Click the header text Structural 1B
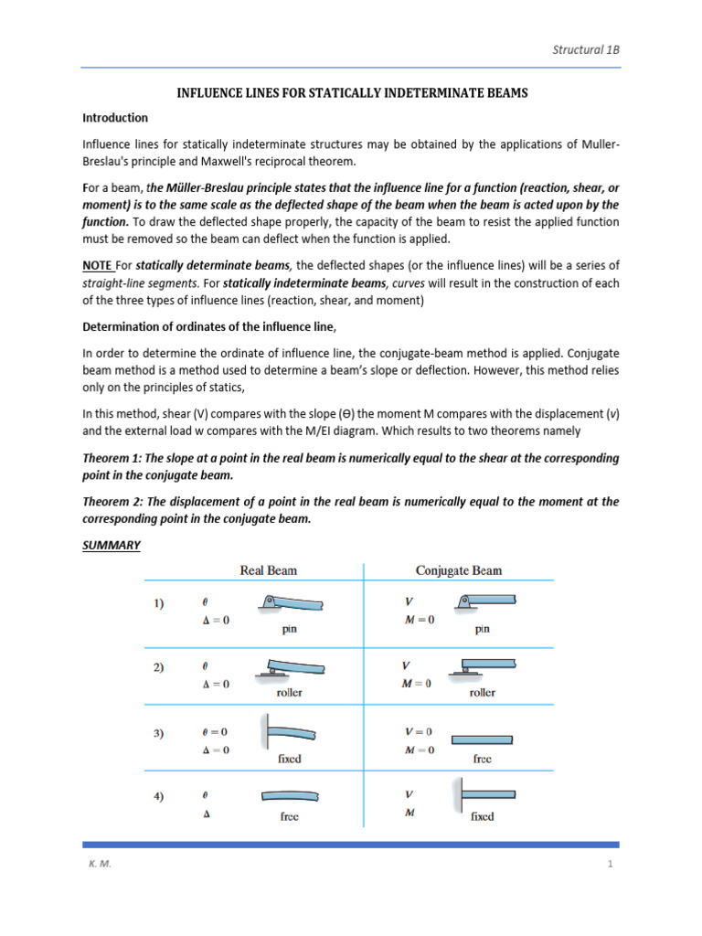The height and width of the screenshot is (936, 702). pyautogui.click(x=586, y=50)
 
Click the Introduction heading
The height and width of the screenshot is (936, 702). pyautogui.click(x=115, y=118)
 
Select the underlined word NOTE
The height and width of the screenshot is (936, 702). pyautogui.click(x=97, y=265)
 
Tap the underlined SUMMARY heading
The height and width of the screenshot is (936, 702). pyautogui.click(x=112, y=545)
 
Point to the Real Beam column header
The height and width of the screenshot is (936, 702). pyautogui.click(x=268, y=570)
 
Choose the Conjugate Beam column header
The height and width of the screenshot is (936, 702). pyautogui.click(x=458, y=570)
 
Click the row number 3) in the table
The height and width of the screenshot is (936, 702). pyautogui.click(x=158, y=732)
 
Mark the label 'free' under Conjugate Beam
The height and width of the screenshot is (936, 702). pyautogui.click(x=483, y=759)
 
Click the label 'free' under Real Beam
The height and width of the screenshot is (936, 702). pyautogui.click(x=289, y=816)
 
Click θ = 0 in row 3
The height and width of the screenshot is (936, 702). pyautogui.click(x=215, y=731)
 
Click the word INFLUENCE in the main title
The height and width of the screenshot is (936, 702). pyautogui.click(x=208, y=93)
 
